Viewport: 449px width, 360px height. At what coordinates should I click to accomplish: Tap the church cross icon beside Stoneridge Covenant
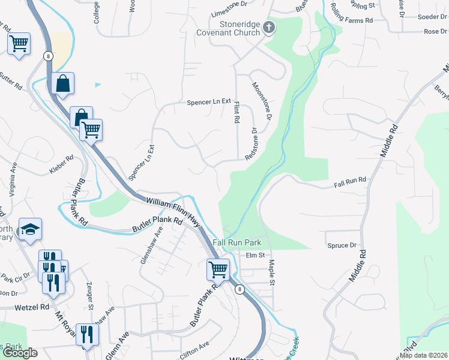pyautogui.click(x=269, y=27)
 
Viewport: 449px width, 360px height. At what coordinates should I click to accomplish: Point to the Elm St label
pyautogui.click(x=255, y=255)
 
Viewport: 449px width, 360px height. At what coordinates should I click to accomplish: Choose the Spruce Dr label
pyautogui.click(x=342, y=245)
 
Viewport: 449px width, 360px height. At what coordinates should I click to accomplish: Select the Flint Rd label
pyautogui.click(x=237, y=112)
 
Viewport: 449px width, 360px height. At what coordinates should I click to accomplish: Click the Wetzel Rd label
pyautogui.click(x=32, y=307)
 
